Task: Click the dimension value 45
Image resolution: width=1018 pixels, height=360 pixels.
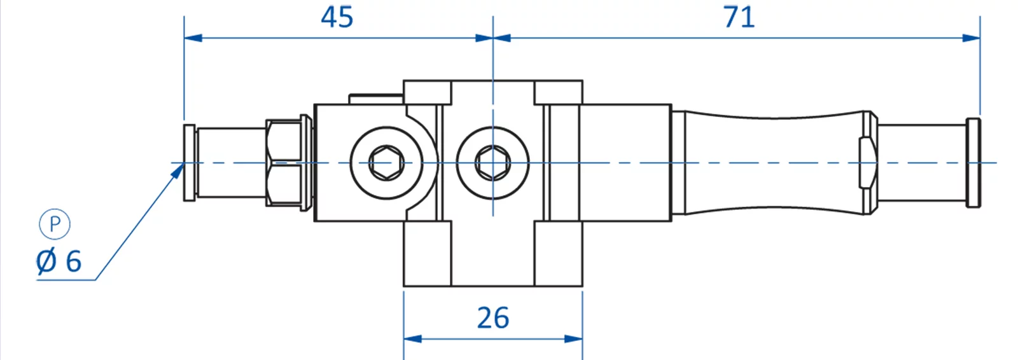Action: (x=337, y=17)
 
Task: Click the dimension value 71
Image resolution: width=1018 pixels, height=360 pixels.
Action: (x=739, y=17)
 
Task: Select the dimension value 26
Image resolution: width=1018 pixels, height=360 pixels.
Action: (x=493, y=318)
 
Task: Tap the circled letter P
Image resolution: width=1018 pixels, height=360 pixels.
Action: (x=55, y=225)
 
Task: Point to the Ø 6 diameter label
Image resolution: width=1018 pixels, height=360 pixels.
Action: (x=59, y=261)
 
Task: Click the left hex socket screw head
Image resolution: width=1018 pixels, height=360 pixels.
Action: (x=386, y=163)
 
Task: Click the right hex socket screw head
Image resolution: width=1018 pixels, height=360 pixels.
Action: (x=492, y=163)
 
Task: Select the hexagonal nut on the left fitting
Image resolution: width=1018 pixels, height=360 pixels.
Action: (x=284, y=163)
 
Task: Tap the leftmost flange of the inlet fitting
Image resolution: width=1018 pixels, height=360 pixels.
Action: (x=190, y=163)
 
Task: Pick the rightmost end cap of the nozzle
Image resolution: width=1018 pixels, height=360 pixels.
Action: (x=973, y=163)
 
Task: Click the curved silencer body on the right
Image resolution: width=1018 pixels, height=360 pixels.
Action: (x=770, y=163)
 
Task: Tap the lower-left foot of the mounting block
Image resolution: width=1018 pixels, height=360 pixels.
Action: (x=428, y=253)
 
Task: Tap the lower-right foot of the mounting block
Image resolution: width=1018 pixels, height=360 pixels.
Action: (x=558, y=253)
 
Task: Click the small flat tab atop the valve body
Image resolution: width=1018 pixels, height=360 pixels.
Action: (x=375, y=99)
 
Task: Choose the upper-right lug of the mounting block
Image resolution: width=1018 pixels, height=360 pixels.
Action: (x=558, y=92)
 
